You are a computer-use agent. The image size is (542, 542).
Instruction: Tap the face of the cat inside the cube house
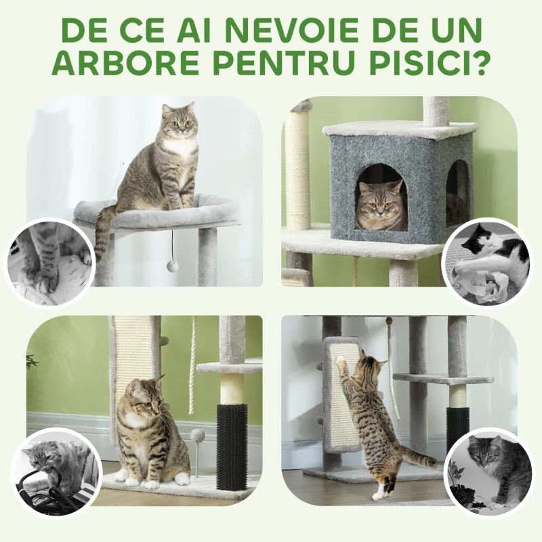pos(381,205)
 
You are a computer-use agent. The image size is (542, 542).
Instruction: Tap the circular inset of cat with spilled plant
pos(488,472)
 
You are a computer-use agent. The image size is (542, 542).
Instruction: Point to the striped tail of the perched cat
pos(102,234)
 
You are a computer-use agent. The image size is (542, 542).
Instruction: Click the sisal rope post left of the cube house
pos(297,169)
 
